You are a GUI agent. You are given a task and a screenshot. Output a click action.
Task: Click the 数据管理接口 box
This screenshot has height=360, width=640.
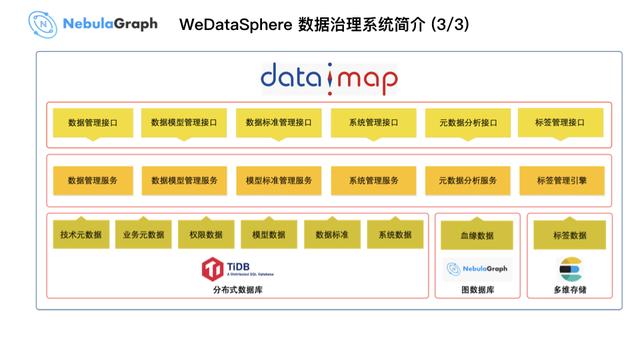tap(92, 123)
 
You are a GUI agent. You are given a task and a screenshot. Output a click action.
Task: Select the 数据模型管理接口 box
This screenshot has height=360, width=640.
tap(185, 123)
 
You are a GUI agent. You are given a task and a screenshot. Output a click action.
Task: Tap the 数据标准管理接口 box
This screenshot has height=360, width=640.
tap(279, 123)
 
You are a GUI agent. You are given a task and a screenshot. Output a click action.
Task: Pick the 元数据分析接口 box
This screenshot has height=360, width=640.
tap(467, 123)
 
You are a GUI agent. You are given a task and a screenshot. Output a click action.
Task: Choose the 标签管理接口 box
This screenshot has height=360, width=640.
tap(562, 123)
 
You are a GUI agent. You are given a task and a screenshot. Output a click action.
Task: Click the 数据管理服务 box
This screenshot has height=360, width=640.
tap(92, 181)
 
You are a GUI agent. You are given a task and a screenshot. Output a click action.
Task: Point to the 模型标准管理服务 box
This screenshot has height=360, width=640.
tap(279, 181)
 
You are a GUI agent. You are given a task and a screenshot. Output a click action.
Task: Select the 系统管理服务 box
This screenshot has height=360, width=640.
tap(373, 181)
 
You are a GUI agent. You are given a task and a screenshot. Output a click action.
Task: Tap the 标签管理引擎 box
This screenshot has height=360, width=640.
tap(562, 181)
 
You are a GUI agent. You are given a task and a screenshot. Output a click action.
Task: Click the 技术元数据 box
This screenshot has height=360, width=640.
tap(81, 235)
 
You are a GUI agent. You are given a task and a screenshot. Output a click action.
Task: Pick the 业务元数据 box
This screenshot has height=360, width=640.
tap(143, 235)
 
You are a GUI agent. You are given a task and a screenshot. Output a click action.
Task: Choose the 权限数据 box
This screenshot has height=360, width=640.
tap(205, 235)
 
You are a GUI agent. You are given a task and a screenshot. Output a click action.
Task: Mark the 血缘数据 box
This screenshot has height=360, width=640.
tap(477, 236)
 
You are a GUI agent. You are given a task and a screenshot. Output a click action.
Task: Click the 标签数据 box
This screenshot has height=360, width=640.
tap(569, 236)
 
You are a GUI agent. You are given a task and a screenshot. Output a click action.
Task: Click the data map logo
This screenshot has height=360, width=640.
tap(329, 78)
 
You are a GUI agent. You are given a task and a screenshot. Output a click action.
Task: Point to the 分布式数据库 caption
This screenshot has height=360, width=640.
tap(237, 291)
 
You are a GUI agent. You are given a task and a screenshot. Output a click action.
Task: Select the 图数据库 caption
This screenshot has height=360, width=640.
tap(477, 291)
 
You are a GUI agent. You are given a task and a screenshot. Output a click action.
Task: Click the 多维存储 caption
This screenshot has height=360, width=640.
tap(569, 291)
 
